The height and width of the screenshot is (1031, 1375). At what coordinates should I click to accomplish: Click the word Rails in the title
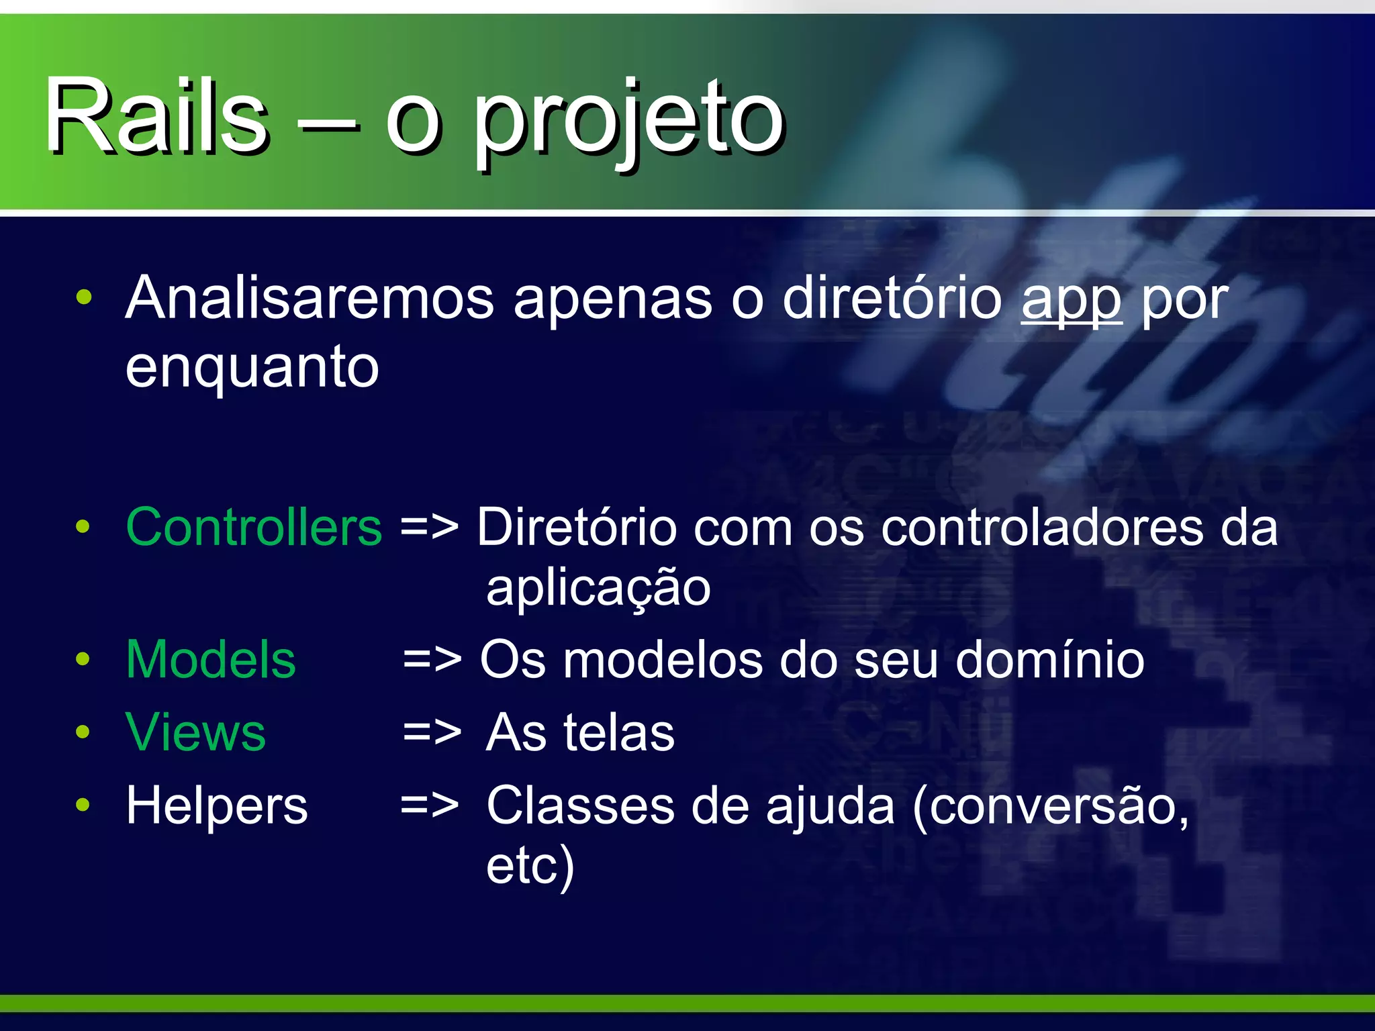pyautogui.click(x=156, y=115)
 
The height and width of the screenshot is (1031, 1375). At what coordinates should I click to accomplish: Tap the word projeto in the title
pyautogui.click(x=630, y=121)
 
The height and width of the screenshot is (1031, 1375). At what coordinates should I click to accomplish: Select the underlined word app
pyautogui.click(x=1071, y=300)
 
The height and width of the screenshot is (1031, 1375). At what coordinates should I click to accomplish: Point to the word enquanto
pyautogui.click(x=252, y=368)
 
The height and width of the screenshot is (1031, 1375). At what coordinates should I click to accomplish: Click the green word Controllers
pyautogui.click(x=254, y=527)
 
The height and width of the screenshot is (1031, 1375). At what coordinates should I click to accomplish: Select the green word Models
pyautogui.click(x=211, y=659)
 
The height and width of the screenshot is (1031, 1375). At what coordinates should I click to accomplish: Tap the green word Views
pyautogui.click(x=195, y=732)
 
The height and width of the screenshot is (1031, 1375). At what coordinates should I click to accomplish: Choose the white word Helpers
pyautogui.click(x=217, y=805)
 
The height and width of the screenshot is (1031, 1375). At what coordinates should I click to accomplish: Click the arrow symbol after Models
pyautogui.click(x=432, y=660)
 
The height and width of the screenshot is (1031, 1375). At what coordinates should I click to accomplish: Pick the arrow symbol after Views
pyautogui.click(x=432, y=733)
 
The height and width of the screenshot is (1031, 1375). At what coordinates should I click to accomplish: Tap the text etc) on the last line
pyautogui.click(x=530, y=866)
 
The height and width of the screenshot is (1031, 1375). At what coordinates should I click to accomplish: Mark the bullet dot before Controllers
pyautogui.click(x=83, y=527)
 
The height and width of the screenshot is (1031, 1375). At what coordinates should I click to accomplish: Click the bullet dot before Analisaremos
pyautogui.click(x=83, y=297)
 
